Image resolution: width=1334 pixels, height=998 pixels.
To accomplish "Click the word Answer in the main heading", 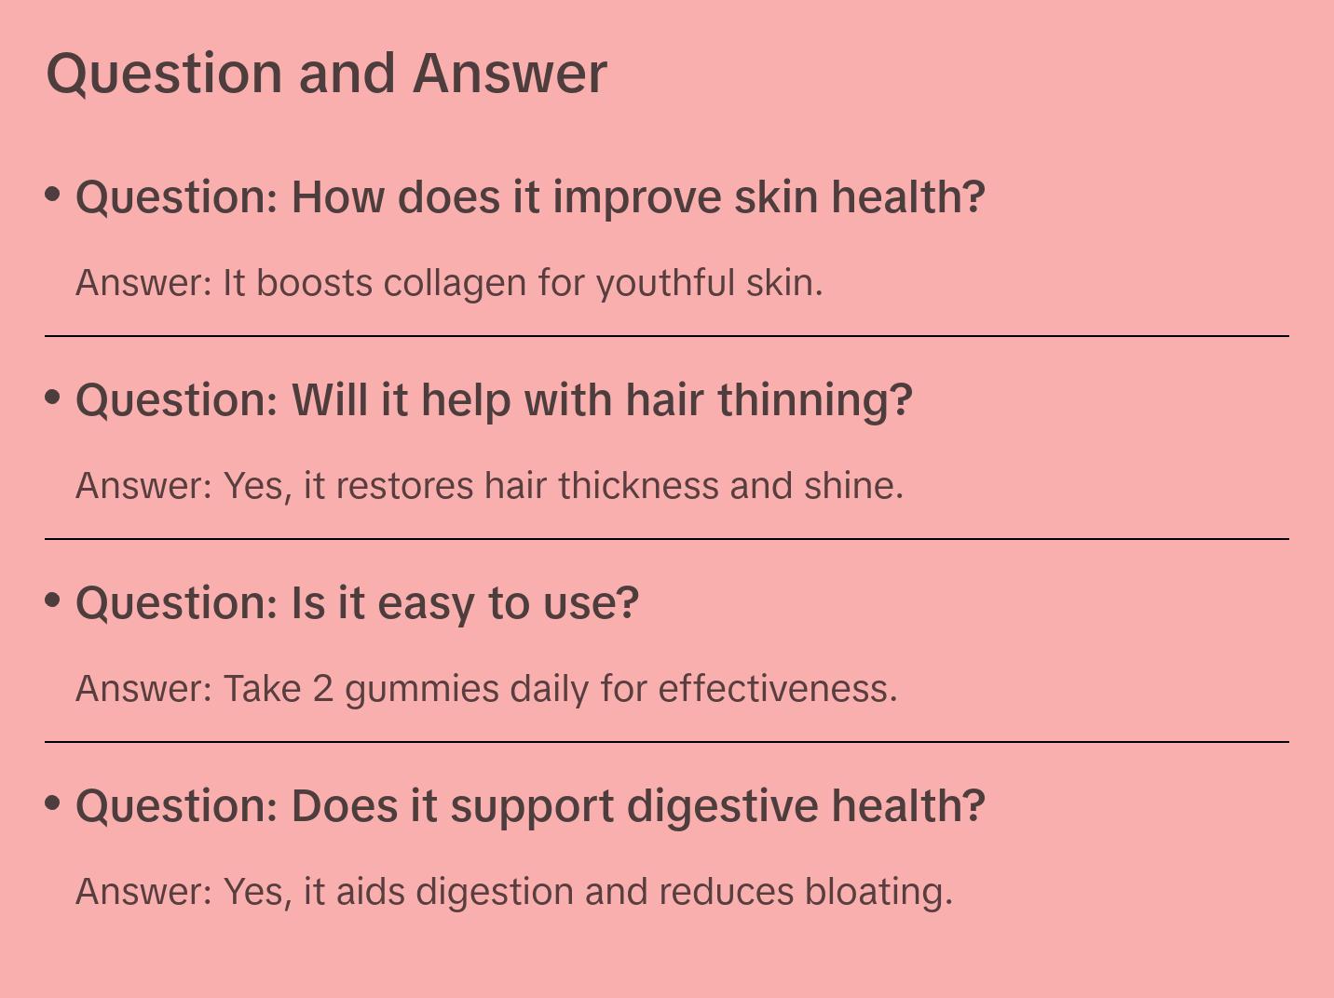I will click(x=510, y=74).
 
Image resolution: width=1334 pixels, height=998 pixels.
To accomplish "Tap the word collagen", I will click(x=455, y=283).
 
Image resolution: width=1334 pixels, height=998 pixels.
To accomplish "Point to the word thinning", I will click(x=815, y=400).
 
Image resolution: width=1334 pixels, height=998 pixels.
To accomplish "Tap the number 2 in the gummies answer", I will click(x=322, y=689).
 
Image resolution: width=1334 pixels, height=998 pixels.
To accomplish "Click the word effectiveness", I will click(x=778, y=689).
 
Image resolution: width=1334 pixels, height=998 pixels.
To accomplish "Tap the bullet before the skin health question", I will click(x=53, y=194).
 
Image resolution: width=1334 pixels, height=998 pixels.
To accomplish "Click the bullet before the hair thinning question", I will click(x=53, y=397).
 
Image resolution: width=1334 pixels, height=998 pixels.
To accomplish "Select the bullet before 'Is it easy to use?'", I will click(x=53, y=600).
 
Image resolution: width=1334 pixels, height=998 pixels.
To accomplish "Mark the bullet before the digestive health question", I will click(x=53, y=802).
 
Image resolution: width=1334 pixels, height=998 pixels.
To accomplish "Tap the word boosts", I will click(x=314, y=283).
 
